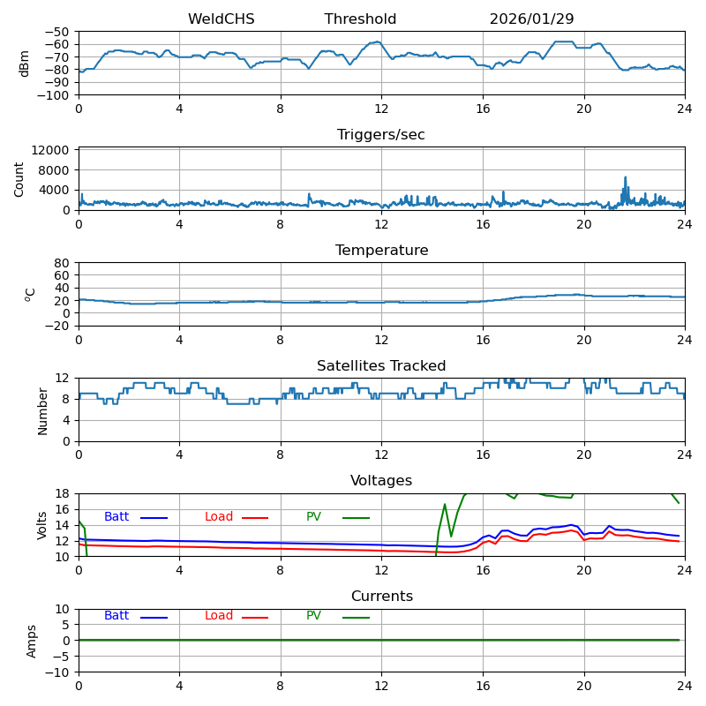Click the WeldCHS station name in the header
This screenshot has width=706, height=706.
click(221, 19)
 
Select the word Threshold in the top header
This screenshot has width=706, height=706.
click(360, 19)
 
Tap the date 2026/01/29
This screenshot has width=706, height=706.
click(530, 19)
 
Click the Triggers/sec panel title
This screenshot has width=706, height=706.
click(381, 135)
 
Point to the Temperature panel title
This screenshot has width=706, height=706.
click(381, 251)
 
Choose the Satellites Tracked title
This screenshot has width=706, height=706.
click(381, 366)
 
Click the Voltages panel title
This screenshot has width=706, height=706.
click(381, 481)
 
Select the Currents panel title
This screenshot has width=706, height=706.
click(381, 597)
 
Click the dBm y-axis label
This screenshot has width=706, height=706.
click(25, 64)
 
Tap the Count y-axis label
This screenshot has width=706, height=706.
click(19, 178)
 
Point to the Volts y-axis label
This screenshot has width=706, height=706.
click(42, 525)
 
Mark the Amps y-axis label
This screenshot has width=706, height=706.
click(32, 641)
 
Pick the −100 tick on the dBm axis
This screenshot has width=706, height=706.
click(54, 95)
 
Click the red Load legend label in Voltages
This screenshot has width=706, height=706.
click(219, 517)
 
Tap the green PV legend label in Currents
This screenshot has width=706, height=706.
click(313, 616)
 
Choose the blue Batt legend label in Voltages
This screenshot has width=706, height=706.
click(116, 517)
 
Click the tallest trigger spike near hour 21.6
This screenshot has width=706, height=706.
click(626, 177)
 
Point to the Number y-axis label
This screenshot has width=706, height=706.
click(42, 410)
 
